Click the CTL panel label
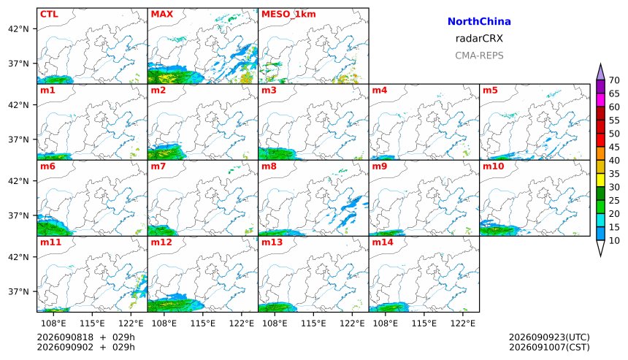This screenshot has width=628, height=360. click(x=49, y=14)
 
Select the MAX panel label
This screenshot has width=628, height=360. click(x=162, y=14)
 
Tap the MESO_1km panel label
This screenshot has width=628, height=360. click(x=288, y=14)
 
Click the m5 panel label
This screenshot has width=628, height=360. click(x=490, y=90)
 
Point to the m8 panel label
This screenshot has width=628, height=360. click(x=269, y=166)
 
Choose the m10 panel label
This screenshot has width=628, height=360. click(x=493, y=166)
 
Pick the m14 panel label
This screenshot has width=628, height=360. click(x=383, y=242)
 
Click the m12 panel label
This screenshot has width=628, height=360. click(x=161, y=242)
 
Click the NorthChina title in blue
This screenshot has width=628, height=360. click(x=479, y=22)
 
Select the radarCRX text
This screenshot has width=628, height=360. click(x=479, y=39)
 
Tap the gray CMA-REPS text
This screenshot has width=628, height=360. click(x=479, y=55)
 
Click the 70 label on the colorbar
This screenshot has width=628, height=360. click(x=614, y=80)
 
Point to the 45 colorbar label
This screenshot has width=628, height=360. click(x=614, y=147)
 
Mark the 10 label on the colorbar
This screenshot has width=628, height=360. click(x=614, y=241)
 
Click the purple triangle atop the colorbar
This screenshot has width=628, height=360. click(x=600, y=72)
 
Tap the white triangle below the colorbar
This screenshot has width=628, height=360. click(x=600, y=248)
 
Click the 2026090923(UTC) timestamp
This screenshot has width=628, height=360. click(x=549, y=337)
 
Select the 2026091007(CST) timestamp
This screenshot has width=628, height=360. click(x=549, y=347)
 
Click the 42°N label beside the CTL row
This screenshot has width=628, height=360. click(x=18, y=28)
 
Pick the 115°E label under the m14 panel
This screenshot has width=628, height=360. click(x=424, y=323)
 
